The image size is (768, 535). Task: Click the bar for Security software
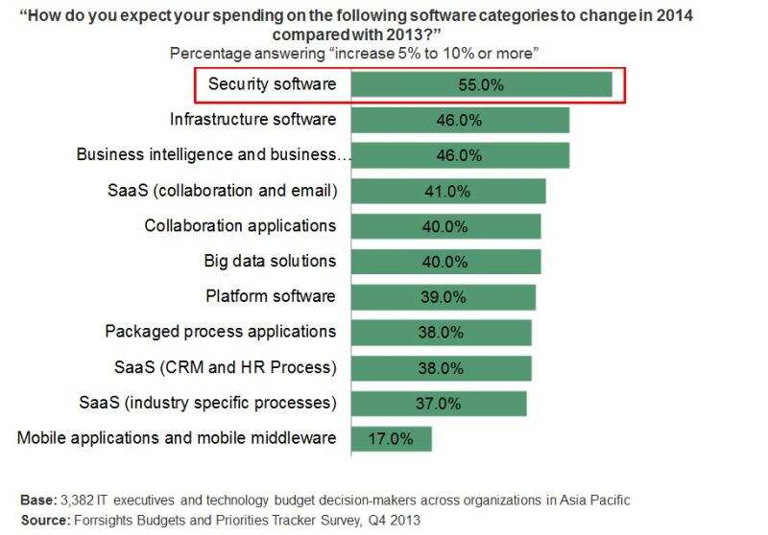(x=481, y=85)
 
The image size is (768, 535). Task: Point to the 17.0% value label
(x=390, y=438)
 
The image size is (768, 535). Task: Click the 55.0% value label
(x=481, y=85)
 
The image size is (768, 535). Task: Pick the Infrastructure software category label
(x=253, y=120)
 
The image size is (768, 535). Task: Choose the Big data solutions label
(x=270, y=261)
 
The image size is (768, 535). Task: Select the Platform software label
(x=271, y=296)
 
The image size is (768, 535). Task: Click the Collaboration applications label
(x=240, y=225)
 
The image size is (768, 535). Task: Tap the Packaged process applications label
(x=221, y=332)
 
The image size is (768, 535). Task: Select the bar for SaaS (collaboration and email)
(x=448, y=191)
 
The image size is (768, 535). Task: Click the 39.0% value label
(x=442, y=297)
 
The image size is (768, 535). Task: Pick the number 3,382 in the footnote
(x=79, y=500)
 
